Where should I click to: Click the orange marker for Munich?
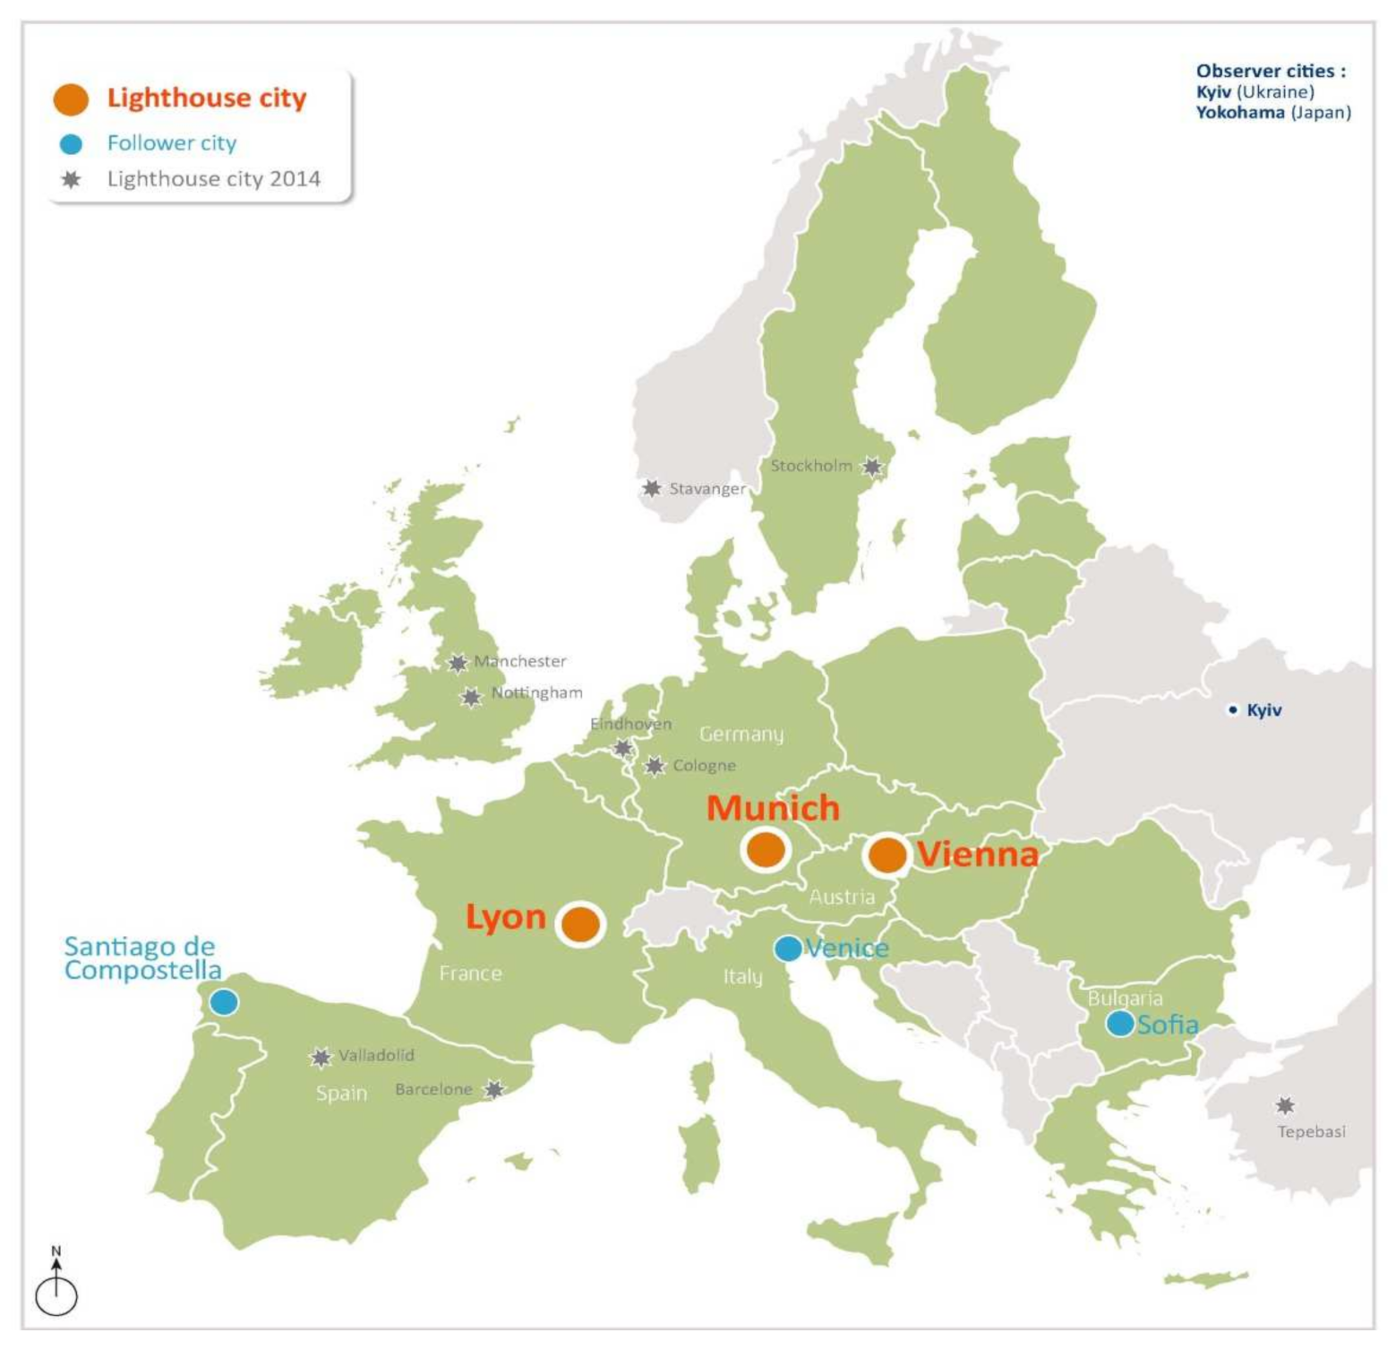[766, 849]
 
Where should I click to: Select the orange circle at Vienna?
[887, 855]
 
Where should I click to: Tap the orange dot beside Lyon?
[581, 924]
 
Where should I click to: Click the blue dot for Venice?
[788, 949]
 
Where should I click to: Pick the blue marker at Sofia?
[1119, 1023]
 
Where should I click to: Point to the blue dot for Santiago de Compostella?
[224, 1002]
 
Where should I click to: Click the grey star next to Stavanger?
[652, 488]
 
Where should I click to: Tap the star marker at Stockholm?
[872, 467]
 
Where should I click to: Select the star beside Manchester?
[458, 663]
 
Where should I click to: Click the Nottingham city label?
[536, 693]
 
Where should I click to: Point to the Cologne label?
[704, 766]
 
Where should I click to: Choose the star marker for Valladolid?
[321, 1058]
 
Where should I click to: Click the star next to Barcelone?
[493, 1089]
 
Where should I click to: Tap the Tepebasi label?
[1311, 1132]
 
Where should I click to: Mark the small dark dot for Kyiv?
[1233, 710]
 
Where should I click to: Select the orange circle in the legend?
[71, 99]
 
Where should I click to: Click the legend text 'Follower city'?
[172, 143]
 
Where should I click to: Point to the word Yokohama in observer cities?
[1240, 113]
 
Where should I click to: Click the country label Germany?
[741, 735]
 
